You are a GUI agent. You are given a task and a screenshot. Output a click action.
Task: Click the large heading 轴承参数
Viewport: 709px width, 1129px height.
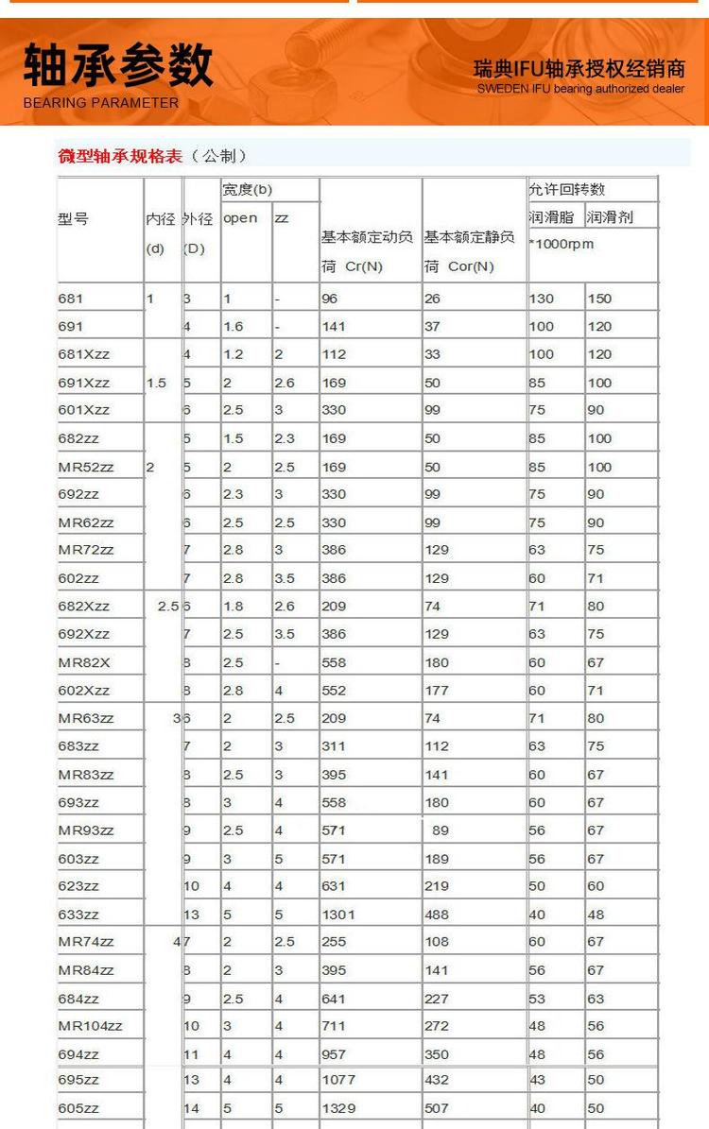(118, 66)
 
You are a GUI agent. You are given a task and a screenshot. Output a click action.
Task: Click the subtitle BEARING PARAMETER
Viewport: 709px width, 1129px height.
(101, 103)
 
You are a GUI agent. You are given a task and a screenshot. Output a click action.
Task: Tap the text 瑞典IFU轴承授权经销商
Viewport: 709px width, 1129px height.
(579, 69)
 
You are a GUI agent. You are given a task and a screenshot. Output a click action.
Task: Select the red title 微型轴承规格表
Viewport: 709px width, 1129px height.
(120, 156)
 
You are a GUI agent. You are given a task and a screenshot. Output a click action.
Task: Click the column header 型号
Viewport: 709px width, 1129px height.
(73, 218)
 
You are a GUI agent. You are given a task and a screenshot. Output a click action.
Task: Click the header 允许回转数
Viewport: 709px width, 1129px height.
(566, 190)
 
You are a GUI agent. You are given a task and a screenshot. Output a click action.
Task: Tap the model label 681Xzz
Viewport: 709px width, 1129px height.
(83, 354)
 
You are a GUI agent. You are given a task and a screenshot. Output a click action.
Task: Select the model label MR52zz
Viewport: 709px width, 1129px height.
(86, 467)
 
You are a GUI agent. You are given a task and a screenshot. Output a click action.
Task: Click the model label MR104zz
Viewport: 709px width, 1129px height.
(90, 1026)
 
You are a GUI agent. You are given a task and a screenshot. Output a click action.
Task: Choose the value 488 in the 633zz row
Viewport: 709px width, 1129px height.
(437, 915)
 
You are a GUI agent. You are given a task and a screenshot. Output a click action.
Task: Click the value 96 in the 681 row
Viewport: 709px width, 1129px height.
(329, 299)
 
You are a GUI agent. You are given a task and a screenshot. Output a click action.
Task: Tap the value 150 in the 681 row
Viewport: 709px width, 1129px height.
(599, 299)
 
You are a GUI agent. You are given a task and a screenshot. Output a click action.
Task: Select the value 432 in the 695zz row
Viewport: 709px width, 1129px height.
(437, 1080)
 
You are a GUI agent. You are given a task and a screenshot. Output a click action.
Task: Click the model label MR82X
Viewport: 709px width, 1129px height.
(83, 662)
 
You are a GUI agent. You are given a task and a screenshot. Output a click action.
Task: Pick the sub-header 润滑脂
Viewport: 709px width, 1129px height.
(551, 217)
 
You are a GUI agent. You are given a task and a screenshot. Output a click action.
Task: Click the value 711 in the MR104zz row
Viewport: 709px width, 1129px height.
(334, 1026)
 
